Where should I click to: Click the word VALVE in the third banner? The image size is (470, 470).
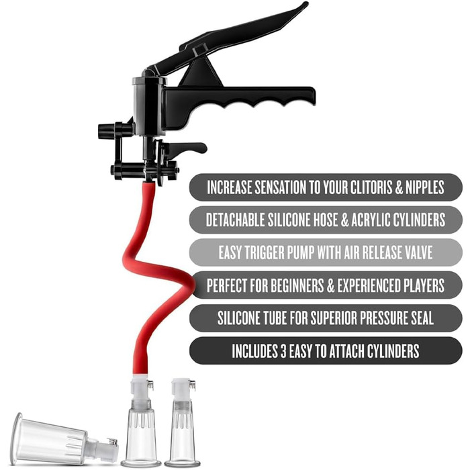[419, 252]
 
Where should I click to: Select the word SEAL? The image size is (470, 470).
[422, 318]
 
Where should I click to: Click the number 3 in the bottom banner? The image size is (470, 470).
[283, 351]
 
